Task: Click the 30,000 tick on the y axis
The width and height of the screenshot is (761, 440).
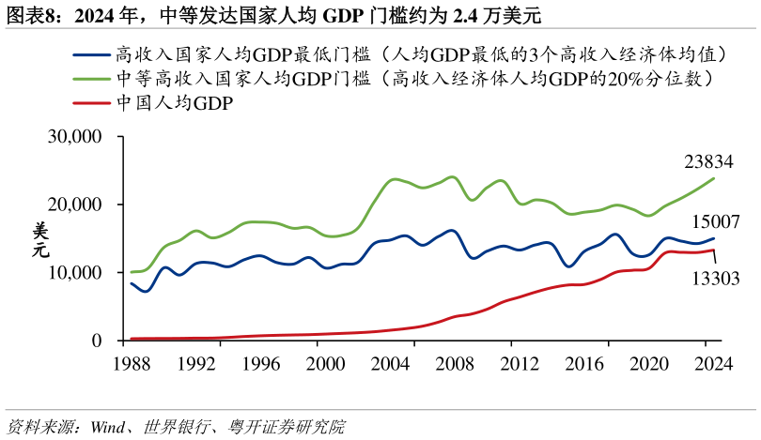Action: [x=74, y=137]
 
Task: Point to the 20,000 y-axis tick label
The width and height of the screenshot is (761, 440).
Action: [x=74, y=205]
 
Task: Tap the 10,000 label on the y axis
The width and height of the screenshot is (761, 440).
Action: [x=74, y=273]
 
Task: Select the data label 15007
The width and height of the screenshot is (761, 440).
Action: [x=715, y=222]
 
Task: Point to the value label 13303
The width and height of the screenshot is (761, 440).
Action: [x=715, y=279]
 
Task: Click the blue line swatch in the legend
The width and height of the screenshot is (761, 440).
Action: [x=91, y=54]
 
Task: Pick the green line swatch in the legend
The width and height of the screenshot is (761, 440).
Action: [x=91, y=79]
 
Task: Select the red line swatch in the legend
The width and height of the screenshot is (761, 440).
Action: [x=91, y=103]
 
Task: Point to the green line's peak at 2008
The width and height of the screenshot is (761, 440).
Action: [x=453, y=176]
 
